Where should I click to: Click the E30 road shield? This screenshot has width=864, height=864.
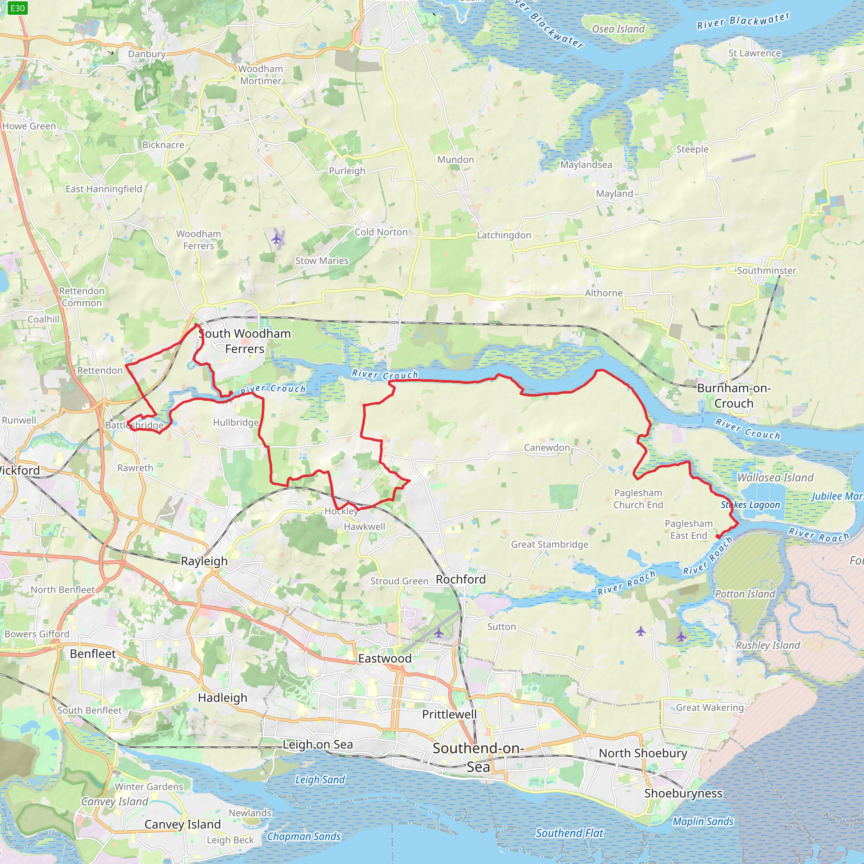[17, 8]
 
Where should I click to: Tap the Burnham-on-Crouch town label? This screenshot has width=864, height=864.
[734, 396]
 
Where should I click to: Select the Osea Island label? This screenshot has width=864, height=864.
[618, 29]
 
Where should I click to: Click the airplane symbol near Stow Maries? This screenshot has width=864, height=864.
[277, 239]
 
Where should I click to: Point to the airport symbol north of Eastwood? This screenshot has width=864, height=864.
[439, 633]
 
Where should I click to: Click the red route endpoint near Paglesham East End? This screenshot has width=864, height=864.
[718, 536]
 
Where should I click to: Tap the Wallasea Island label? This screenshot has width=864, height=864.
[775, 478]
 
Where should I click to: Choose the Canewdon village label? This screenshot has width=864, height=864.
[547, 448]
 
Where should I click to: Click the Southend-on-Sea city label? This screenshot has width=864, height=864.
[478, 758]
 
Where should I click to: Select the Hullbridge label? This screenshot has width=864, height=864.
[236, 423]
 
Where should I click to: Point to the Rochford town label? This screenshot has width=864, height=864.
[461, 580]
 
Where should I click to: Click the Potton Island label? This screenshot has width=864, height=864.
[745, 594]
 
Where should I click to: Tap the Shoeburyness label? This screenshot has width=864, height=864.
[683, 794]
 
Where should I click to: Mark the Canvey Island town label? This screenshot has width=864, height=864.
[182, 824]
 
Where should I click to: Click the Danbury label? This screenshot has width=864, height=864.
[147, 54]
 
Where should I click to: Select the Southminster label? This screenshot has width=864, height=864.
[766, 270]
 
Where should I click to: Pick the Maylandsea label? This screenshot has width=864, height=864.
[586, 165]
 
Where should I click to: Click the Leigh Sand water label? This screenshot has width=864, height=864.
[320, 780]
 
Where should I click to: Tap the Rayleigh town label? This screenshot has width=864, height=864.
[204, 561]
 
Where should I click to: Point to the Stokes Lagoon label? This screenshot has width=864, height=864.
[750, 505]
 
